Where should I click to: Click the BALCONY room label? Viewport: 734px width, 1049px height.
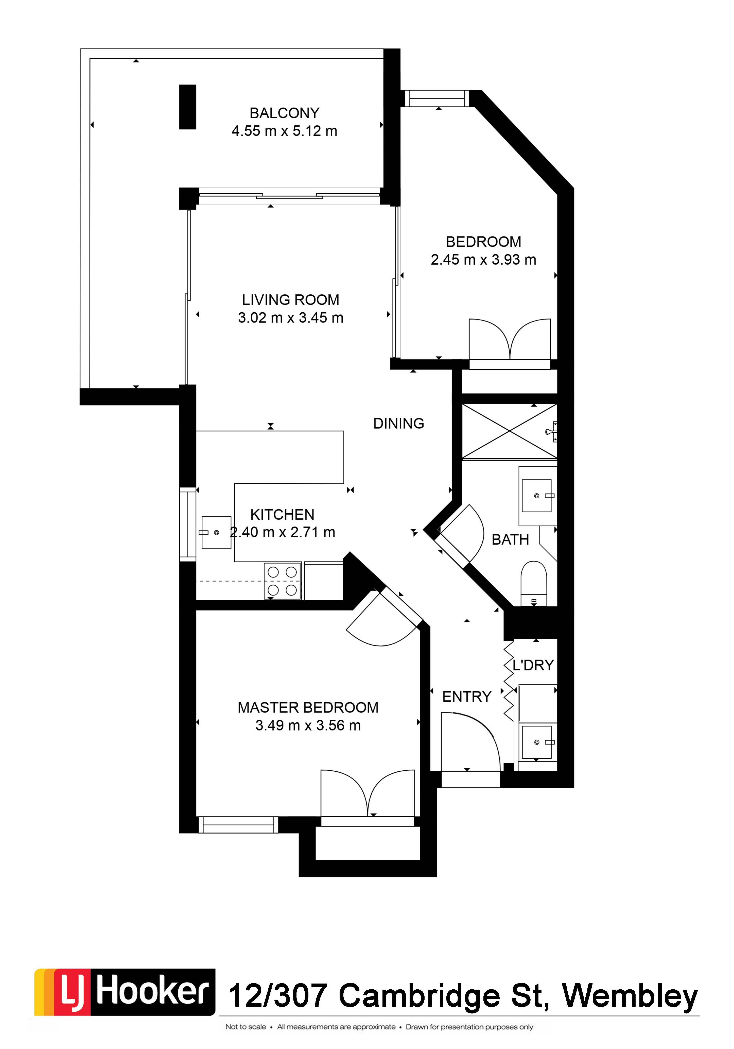click(284, 113)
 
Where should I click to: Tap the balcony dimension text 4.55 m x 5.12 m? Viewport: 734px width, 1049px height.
click(284, 131)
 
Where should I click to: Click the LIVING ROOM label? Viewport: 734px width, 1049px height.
click(290, 300)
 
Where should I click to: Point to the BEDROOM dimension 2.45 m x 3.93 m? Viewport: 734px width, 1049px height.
click(483, 260)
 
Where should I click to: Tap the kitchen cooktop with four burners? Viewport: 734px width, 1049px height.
click(282, 581)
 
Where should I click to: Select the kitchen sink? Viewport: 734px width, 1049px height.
click(216, 533)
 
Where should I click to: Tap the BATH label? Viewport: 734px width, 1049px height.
click(510, 539)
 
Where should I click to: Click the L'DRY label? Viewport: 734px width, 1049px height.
click(533, 665)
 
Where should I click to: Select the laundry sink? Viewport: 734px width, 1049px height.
click(538, 742)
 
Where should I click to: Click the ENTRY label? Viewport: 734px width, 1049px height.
click(466, 697)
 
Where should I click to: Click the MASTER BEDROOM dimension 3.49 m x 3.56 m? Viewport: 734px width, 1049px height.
click(308, 725)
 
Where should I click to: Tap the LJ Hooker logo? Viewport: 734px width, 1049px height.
click(125, 992)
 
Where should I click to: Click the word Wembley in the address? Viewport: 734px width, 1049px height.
click(630, 996)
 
